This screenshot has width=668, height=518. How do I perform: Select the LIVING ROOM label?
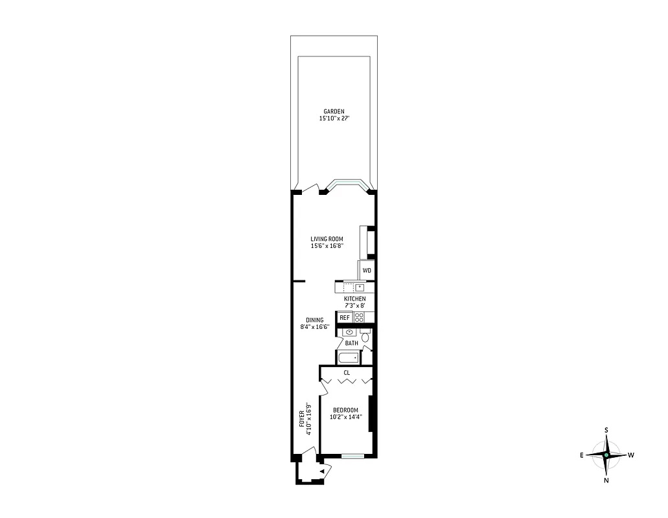[327, 239]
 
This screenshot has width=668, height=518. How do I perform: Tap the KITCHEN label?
[354, 298]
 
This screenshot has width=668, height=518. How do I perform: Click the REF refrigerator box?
[344, 317]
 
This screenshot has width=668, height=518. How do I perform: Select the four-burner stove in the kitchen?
[360, 317]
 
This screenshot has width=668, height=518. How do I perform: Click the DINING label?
[315, 320]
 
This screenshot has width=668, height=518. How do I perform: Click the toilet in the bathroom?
[365, 337]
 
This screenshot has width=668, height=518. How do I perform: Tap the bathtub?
[348, 358]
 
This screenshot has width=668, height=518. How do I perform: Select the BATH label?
[351, 343]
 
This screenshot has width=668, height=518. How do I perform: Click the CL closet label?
[347, 373]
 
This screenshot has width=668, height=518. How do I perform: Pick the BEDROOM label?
[345, 410]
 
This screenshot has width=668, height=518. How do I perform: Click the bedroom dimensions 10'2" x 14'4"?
[345, 418]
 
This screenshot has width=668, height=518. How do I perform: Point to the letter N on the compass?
[606, 481]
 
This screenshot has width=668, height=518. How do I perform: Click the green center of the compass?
[606, 455]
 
